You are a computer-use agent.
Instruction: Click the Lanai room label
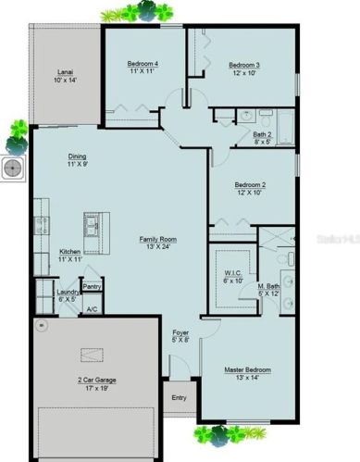coord(64,71)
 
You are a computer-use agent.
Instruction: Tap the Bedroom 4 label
coord(143,64)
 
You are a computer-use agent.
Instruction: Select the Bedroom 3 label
coord(244,65)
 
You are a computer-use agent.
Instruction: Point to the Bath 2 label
coord(262,134)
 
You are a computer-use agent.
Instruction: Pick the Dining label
coord(78,156)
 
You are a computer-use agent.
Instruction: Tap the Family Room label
coord(157,239)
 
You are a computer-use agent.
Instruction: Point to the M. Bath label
coord(270,288)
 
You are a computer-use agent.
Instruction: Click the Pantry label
coord(91,287)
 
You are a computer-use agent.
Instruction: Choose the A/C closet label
coord(92,308)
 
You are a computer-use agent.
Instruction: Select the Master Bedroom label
coord(246,369)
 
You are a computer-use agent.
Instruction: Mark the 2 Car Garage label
coord(96,380)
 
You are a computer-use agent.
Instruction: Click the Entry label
coord(179,398)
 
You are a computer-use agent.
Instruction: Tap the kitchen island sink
coord(93,224)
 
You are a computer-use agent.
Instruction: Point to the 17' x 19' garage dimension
coord(96,389)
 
